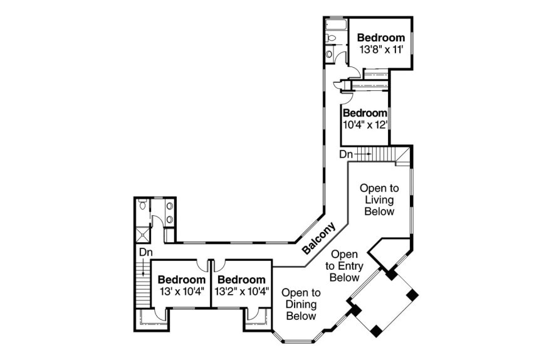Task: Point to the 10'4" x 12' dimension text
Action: click(x=365, y=124)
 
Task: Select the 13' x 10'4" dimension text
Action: click(x=181, y=291)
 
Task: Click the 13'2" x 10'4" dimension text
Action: click(x=241, y=291)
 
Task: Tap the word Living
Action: click(x=380, y=199)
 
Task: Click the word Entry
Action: click(x=344, y=266)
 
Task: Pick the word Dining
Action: click(x=301, y=304)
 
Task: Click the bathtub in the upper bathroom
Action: click(x=335, y=26)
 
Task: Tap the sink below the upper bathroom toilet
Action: click(x=330, y=54)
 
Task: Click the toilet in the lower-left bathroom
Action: click(x=144, y=205)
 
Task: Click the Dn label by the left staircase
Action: click(x=145, y=251)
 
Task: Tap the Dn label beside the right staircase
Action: click(x=346, y=154)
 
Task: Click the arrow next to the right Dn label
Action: click(x=363, y=154)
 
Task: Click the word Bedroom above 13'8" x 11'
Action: click(x=381, y=38)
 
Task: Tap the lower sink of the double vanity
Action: click(x=169, y=219)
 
